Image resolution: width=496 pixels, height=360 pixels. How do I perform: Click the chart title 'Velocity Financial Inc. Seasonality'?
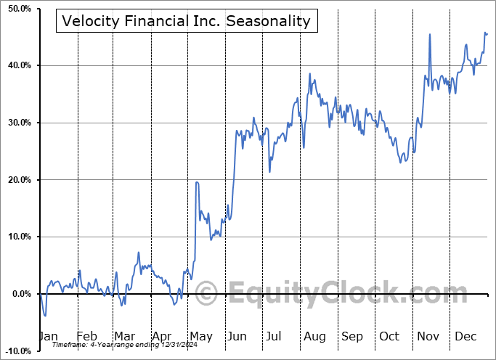(187, 21)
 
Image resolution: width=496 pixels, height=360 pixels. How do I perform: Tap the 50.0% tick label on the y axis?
(16, 9)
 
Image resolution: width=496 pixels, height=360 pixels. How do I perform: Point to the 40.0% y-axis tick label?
(16, 65)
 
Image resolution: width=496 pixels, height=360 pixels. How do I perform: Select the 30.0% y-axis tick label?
(16, 123)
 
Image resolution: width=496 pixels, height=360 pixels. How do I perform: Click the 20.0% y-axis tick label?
(16, 180)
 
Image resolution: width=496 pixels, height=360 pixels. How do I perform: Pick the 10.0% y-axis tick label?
(16, 237)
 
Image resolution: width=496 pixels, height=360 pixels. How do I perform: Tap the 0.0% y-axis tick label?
(18, 294)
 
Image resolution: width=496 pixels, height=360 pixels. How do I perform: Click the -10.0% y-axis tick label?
(16, 351)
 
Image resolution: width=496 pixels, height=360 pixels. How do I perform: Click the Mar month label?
(124, 336)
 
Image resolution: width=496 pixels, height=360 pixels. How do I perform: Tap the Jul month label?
(275, 336)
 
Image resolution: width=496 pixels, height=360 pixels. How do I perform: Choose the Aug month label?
(314, 336)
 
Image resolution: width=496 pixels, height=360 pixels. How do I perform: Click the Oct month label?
(389, 336)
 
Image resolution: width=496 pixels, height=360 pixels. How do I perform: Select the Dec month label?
(465, 336)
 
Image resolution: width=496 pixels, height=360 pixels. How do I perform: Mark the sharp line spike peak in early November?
(429, 34)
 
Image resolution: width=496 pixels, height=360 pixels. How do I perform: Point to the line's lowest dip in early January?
(45, 316)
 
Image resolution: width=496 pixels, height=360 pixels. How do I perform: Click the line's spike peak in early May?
(196, 182)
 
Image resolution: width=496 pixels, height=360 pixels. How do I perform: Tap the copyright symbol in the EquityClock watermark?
(207, 294)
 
